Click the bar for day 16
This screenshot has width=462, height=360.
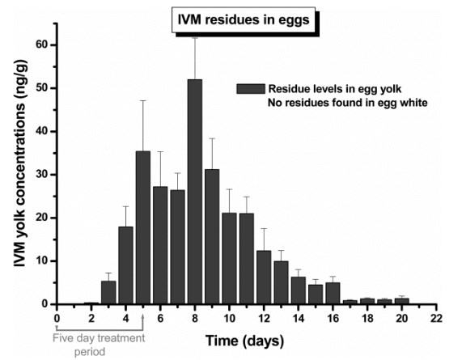(333, 293)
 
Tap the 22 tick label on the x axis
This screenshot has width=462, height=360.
(437, 318)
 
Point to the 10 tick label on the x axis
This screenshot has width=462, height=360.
(230, 318)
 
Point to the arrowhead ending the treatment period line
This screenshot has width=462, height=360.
(142, 311)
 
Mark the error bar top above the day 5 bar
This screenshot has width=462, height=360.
(143, 100)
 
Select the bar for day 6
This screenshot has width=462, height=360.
(160, 245)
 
